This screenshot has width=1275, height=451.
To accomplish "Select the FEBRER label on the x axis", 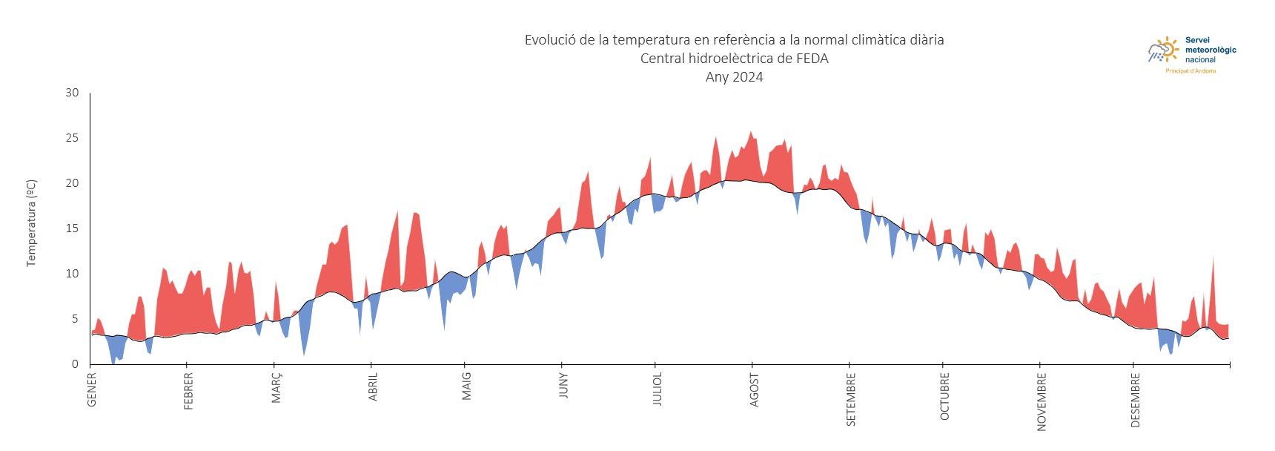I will (x=188, y=391).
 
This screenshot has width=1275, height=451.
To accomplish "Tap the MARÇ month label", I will (x=276, y=388).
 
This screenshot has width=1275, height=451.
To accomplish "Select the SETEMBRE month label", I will (x=851, y=399).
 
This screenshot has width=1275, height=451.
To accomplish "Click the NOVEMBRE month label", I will (x=1041, y=401).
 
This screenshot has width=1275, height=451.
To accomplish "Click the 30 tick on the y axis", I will (x=72, y=93).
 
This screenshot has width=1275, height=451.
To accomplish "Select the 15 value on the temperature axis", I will (x=72, y=228).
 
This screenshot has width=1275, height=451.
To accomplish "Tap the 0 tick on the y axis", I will (x=75, y=364).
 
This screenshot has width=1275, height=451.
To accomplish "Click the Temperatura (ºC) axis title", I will (x=31, y=223).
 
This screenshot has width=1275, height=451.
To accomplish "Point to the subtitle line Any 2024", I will (x=734, y=77).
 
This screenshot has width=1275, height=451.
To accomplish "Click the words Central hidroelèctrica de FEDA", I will (x=734, y=59).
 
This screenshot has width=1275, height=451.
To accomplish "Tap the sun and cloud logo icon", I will (x=1163, y=50).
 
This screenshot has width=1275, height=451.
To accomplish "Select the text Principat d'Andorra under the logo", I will (x=1190, y=71).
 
